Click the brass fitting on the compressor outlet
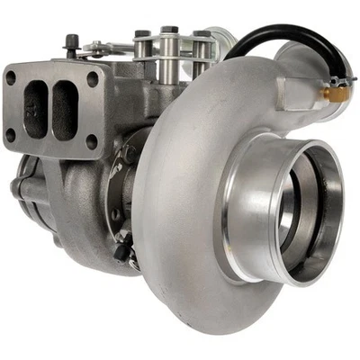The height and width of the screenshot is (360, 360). click(x=337, y=93)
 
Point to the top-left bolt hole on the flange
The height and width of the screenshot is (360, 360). click(x=11, y=78)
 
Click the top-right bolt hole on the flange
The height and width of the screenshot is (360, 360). click(x=93, y=79)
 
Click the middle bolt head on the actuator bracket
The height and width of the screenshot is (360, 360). click(x=168, y=34)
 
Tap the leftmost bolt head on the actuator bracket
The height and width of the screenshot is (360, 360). click(x=141, y=36)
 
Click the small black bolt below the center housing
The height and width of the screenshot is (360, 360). click(x=123, y=253)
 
